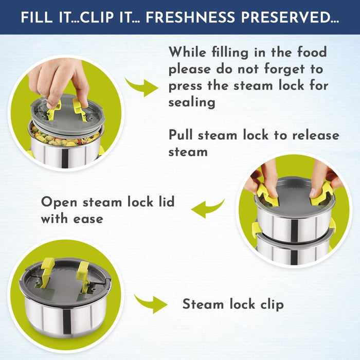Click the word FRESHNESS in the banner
[x=190, y=17]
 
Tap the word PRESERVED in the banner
[x=290, y=17]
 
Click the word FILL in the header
[x=37, y=17]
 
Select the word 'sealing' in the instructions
[x=192, y=102]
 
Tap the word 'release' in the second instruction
[x=316, y=135]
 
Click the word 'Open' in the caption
[x=59, y=202]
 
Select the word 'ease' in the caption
[x=88, y=219]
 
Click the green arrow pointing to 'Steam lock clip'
[x=151, y=303]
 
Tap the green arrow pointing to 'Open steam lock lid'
[x=208, y=209]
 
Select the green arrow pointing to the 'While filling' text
[x=141, y=87]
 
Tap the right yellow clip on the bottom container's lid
[x=82, y=273]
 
